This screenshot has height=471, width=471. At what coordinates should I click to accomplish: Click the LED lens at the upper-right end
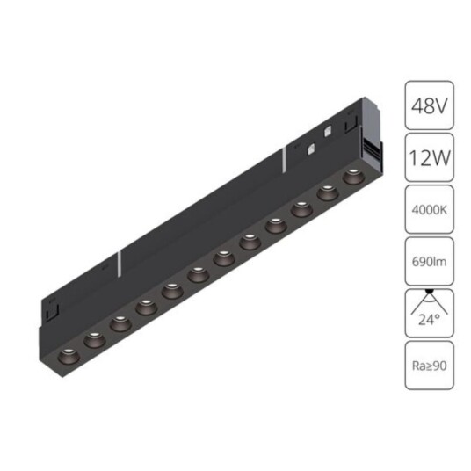[353, 176]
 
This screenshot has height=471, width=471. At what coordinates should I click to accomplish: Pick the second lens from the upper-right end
[327, 192]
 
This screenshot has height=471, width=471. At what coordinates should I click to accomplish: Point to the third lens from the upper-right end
[301, 208]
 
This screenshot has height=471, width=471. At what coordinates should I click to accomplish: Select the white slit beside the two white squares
[284, 158]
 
